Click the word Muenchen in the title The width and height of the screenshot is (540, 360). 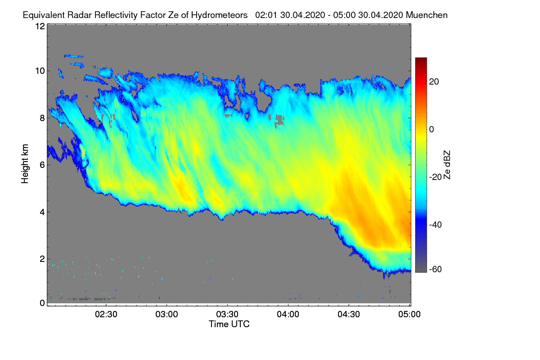(427, 15)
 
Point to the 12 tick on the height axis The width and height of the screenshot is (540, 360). (40, 26)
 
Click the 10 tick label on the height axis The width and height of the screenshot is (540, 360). (40, 71)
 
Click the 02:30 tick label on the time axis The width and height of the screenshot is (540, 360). (106, 315)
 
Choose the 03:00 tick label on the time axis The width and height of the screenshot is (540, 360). (167, 315)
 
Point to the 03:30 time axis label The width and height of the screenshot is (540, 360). (228, 315)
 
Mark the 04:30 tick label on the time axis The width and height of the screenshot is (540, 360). (349, 315)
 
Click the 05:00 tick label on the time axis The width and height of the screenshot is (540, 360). (409, 315)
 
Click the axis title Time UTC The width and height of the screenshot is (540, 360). (229, 324)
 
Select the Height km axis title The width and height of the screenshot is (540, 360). (25, 164)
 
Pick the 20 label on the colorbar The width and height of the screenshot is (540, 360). (435, 81)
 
